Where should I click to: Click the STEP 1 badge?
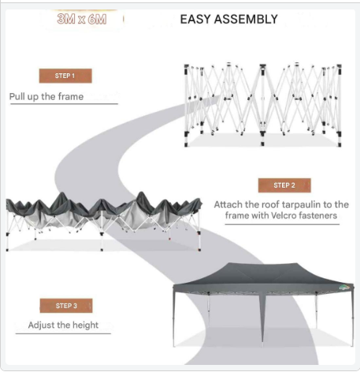pyautogui.click(x=65, y=76)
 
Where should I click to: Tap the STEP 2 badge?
pyautogui.click(x=284, y=185)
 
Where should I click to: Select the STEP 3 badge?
pyautogui.click(x=66, y=306)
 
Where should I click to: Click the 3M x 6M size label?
pyautogui.click(x=82, y=19)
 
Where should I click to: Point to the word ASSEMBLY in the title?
pyautogui.click(x=246, y=19)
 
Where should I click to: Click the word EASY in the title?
pyautogui.click(x=195, y=19)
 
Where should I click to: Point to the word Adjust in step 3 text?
pyautogui.click(x=40, y=325)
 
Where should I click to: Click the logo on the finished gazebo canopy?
pyautogui.click(x=344, y=288)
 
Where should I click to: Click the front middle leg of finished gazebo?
pyautogui.click(x=262, y=318)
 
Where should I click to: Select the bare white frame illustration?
pyautogui.click(x=262, y=105)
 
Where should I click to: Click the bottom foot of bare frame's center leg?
pyautogui.click(x=262, y=143)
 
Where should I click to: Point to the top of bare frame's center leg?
pyautogui.click(x=262, y=65)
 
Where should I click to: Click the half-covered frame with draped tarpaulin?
pyautogui.click(x=104, y=221)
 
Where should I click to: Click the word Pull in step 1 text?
pyautogui.click(x=17, y=96)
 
